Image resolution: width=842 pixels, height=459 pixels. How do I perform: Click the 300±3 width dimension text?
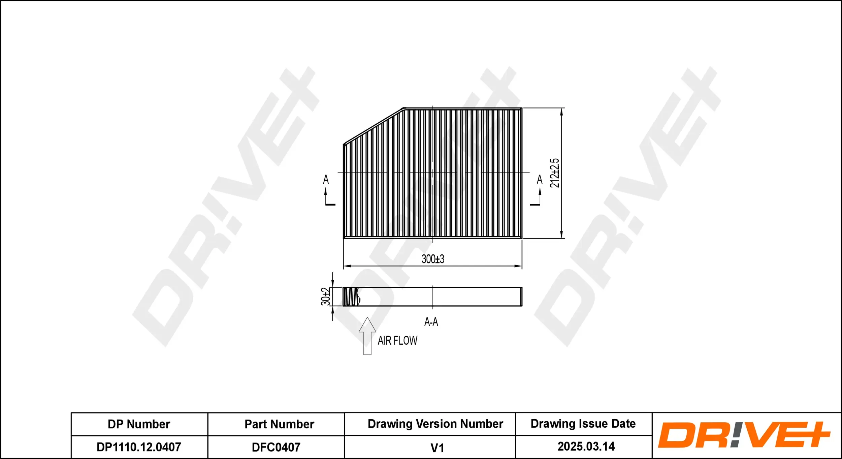[433, 259]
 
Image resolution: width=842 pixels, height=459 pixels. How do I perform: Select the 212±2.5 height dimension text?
[554, 173]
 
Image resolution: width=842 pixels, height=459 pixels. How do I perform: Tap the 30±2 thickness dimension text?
[325, 296]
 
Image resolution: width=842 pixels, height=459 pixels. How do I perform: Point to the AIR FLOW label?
[397, 341]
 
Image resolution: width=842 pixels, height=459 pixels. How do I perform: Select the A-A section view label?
[431, 322]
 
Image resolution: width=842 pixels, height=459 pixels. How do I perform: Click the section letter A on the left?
[326, 179]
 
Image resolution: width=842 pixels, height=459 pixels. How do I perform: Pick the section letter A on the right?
[540, 180]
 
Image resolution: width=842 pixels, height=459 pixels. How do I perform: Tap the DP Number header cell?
[139, 424]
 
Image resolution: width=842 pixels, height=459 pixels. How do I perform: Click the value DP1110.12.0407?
[139, 447]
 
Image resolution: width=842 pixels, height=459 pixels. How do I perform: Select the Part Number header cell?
[279, 424]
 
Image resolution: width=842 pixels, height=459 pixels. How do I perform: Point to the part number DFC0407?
[276, 447]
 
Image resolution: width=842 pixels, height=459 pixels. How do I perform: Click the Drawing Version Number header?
[435, 424]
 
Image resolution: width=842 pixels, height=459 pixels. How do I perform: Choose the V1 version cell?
[437, 448]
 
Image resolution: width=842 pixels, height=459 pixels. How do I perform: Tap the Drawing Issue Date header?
[583, 424]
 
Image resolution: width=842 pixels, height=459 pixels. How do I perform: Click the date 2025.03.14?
[586, 447]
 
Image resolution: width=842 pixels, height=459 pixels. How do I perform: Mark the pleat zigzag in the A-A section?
[352, 297]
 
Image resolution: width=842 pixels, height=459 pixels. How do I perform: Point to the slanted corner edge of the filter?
[373, 126]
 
